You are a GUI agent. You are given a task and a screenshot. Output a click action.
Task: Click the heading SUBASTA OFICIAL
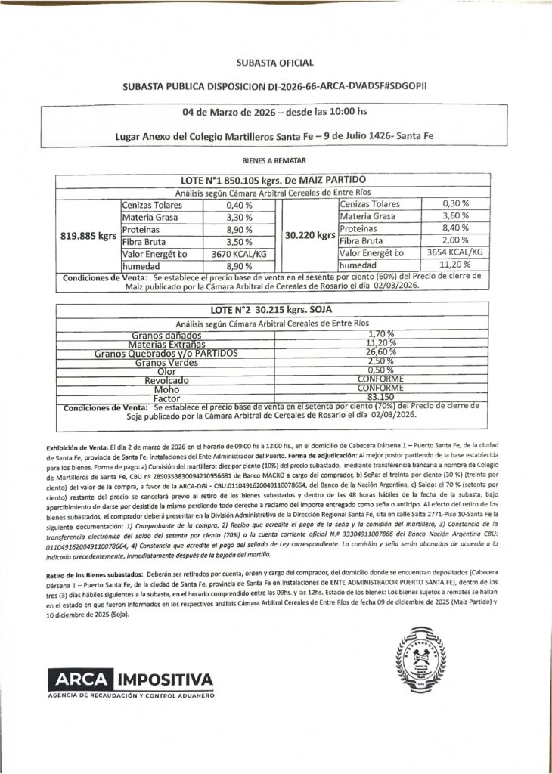point(275,63)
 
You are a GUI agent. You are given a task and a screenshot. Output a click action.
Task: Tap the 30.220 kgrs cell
point(309,235)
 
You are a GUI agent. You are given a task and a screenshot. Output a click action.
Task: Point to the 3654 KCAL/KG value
point(454,252)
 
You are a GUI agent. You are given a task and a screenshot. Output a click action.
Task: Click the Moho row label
point(164,389)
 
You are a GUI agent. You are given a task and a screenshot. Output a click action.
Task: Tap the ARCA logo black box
point(80,678)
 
